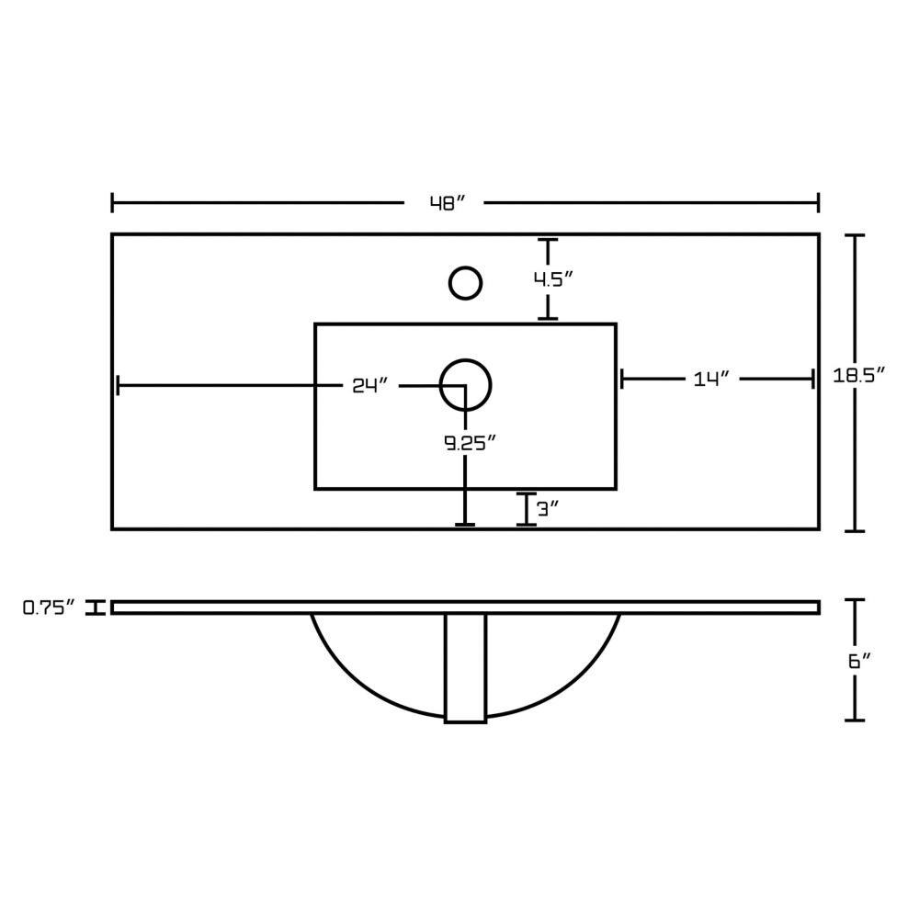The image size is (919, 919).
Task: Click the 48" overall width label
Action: point(448,203)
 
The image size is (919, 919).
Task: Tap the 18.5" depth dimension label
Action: point(858,375)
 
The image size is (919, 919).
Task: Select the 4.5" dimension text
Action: point(552,279)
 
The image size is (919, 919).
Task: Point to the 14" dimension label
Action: point(711,380)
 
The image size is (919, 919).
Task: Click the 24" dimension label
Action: point(369,385)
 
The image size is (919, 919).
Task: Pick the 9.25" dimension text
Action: point(471,443)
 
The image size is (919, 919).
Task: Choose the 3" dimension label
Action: point(546,509)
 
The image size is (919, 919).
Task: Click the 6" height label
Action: point(858,661)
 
